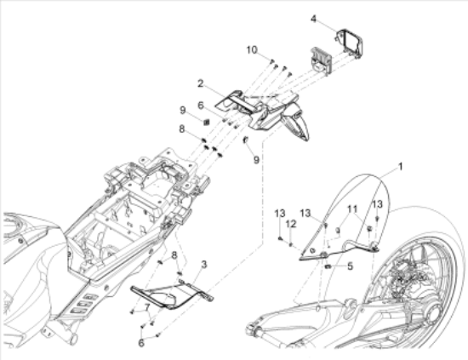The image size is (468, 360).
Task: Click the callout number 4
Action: (313, 19)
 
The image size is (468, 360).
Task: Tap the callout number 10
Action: (252, 50)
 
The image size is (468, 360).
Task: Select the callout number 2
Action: (200, 83)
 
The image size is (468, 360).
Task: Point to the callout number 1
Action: (401, 167)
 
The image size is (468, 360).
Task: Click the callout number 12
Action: (291, 224)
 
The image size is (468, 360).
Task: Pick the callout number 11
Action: (352, 209)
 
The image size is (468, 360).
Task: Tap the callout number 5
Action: (350, 266)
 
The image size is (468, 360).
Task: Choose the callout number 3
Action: (204, 264)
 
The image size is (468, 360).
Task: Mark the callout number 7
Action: (147, 306)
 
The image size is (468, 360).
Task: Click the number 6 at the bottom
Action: (141, 343)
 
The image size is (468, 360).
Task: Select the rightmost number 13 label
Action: (377, 204)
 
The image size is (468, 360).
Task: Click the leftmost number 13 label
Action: (280, 214)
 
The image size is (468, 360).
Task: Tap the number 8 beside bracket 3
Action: (174, 255)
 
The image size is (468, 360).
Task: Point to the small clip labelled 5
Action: (328, 266)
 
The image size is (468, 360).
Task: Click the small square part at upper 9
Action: (206, 122)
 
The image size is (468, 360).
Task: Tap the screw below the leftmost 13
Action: (280, 238)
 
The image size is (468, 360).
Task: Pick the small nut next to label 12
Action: (291, 245)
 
